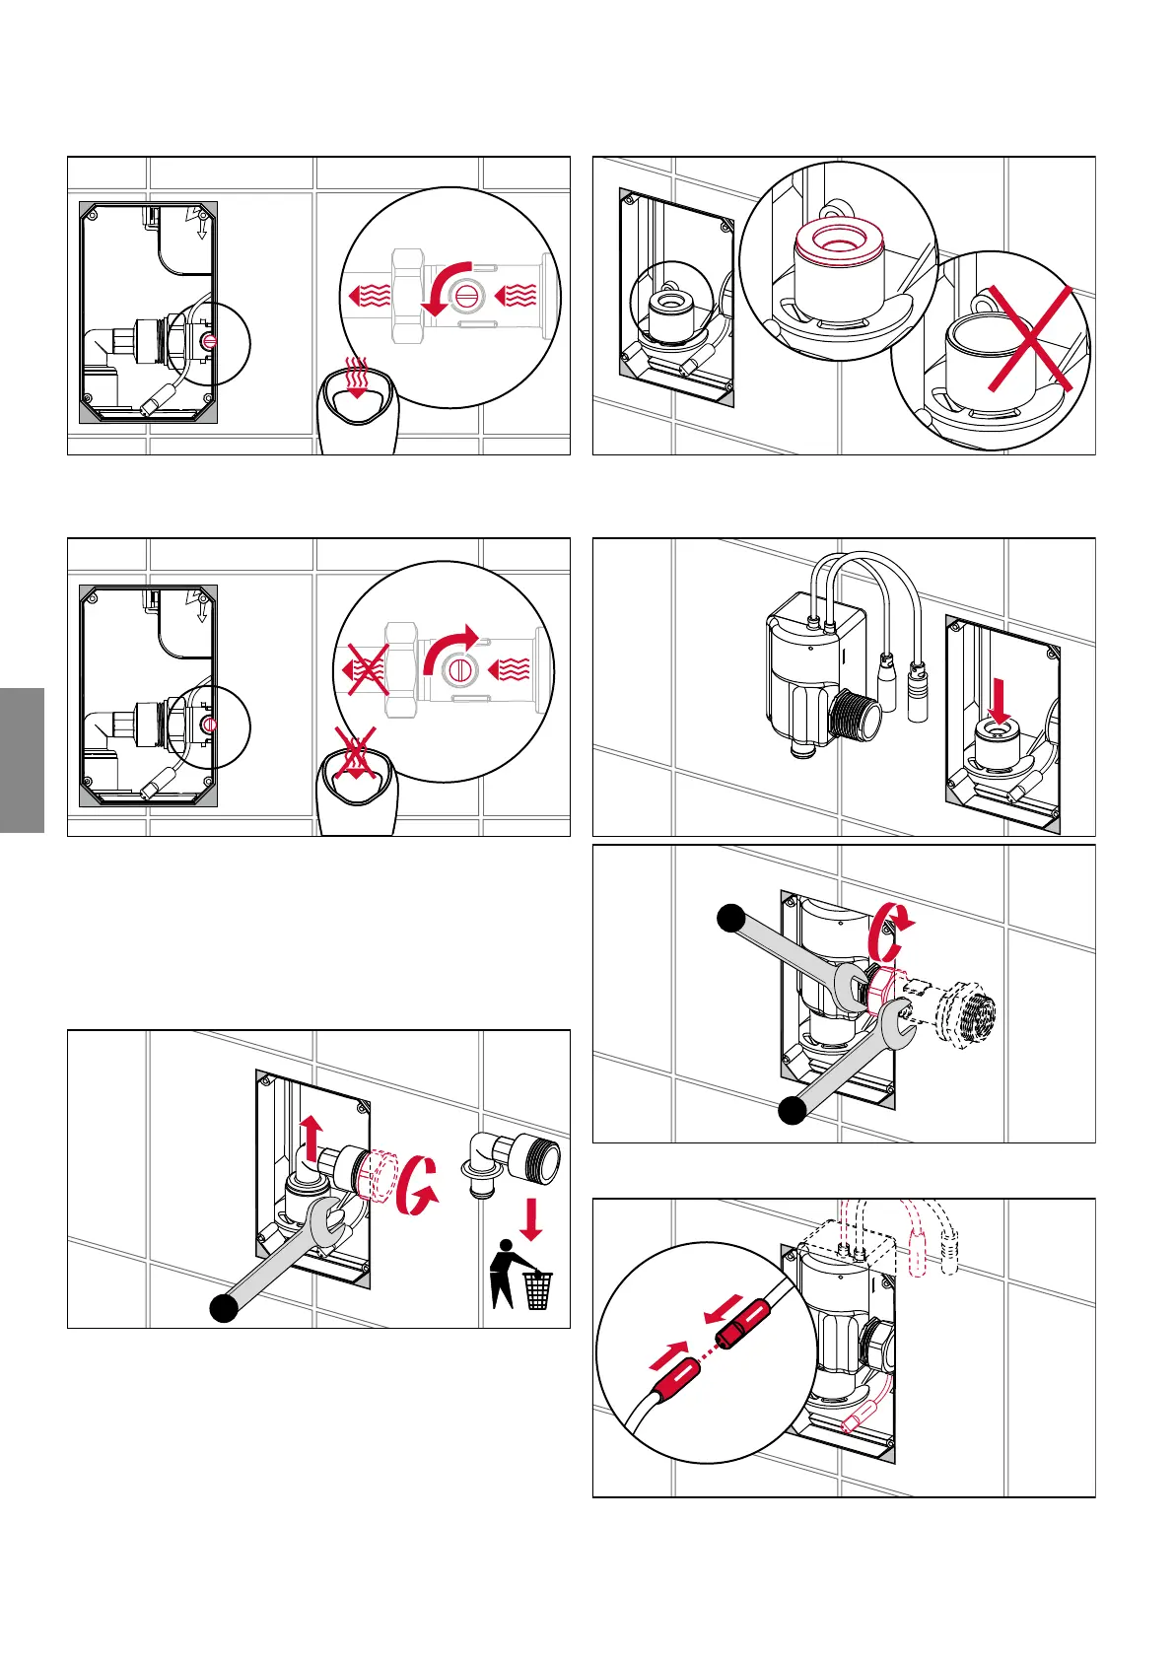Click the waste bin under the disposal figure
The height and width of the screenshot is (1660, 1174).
(x=537, y=1290)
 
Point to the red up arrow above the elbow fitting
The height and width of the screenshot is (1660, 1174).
(x=311, y=1138)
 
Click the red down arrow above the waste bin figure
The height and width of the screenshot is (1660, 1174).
(x=532, y=1219)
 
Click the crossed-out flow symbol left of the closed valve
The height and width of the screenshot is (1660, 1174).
(x=367, y=670)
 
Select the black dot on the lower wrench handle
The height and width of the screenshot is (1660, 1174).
(x=793, y=1111)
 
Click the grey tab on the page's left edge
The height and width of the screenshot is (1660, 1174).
(x=22, y=760)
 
